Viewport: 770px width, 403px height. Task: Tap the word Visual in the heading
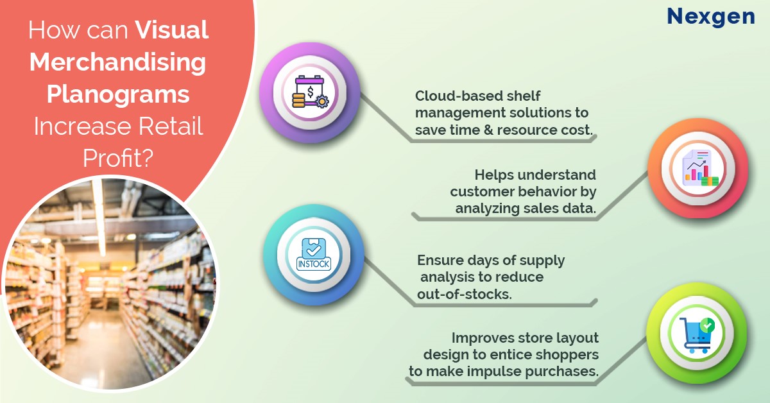coord(171,30)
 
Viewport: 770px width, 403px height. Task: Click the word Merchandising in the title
coord(118,62)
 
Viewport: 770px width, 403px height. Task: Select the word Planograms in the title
coord(118,95)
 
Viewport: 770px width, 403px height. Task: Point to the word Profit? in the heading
coord(118,158)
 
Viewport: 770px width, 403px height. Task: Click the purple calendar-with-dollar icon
coord(310,92)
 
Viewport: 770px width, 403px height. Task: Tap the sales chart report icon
coord(700,168)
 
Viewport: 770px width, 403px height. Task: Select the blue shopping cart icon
coord(696,335)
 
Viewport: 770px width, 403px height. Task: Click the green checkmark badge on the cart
coord(707,325)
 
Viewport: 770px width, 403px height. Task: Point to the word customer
coord(483,191)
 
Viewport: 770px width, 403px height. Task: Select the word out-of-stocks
coord(465,295)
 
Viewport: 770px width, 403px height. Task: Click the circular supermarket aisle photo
coord(110,284)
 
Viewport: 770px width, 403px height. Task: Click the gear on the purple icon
coord(321,101)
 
